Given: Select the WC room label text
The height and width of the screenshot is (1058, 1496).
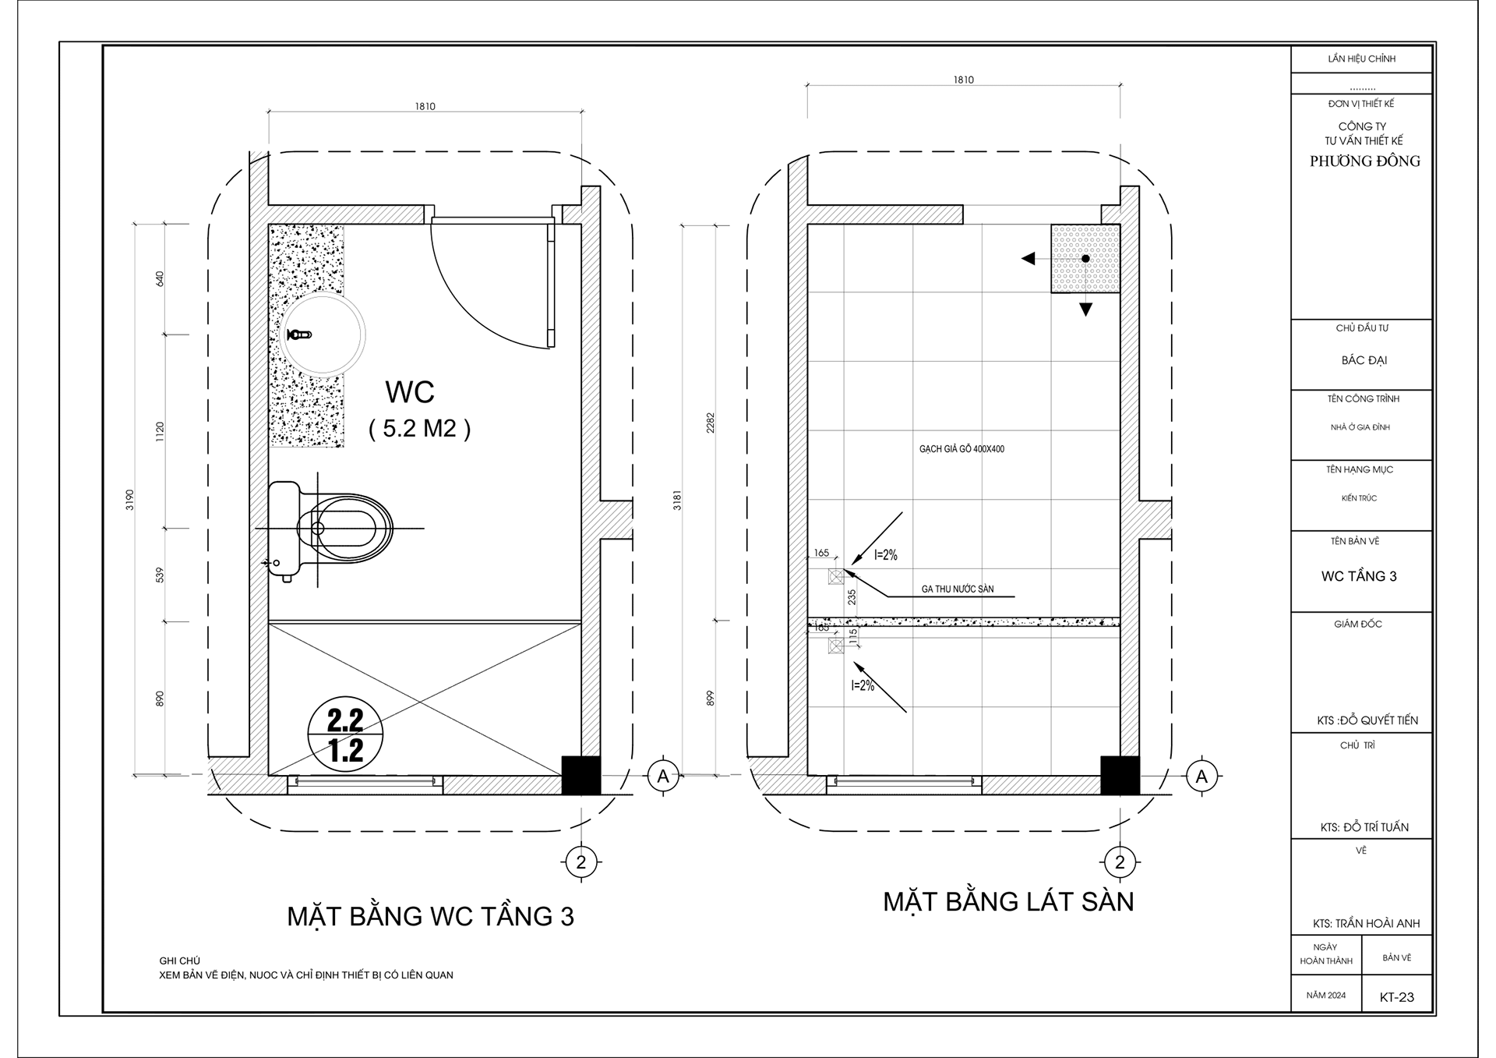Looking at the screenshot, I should pos(410,392).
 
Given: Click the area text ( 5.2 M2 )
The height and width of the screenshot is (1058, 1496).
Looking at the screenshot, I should pos(419,429).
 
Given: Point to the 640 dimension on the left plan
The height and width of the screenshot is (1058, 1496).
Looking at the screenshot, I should pos(161,278).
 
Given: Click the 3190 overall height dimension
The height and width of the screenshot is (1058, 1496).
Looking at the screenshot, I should pos(130,499).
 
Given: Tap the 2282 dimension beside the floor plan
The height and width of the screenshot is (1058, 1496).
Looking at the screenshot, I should pos(710,423).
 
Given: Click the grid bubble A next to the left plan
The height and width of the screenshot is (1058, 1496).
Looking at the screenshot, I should pos(663,776).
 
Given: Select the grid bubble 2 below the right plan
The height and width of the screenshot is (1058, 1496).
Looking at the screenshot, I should pos(1120,862).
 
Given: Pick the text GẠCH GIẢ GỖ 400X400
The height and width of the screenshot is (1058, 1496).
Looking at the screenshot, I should pos(961,449).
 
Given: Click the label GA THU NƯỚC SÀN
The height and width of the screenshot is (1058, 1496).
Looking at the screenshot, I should pos(958,589).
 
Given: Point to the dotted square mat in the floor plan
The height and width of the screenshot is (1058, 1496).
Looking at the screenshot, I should pos(1085,258).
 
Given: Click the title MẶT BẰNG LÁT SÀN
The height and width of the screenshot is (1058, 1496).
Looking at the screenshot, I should pos(1008,902).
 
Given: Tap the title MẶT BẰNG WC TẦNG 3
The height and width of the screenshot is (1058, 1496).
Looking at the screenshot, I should pos(430,916).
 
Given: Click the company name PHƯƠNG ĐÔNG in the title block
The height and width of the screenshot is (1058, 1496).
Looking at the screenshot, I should pos(1364,161).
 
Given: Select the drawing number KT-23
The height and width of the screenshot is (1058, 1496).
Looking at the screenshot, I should pos(1396,996).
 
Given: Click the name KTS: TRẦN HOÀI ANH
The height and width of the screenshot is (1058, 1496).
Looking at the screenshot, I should pos(1366,923).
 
